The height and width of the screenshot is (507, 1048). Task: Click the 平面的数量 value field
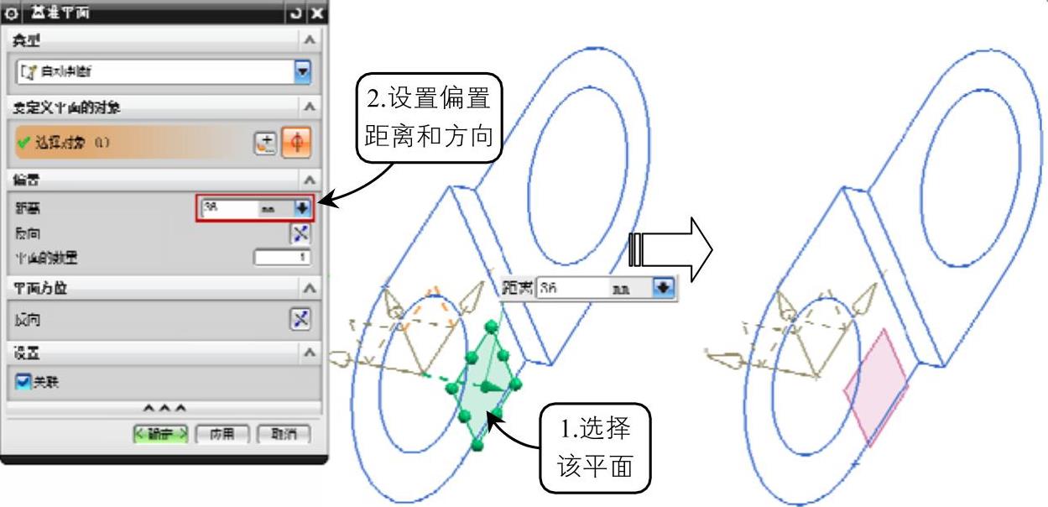(x=282, y=257)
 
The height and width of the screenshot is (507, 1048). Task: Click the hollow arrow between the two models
(x=671, y=249)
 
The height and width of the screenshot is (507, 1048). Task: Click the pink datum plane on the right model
(x=877, y=387)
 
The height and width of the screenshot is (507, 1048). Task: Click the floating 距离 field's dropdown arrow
(x=664, y=286)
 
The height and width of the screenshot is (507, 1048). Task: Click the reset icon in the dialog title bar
(x=296, y=12)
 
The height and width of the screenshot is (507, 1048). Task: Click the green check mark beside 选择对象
(x=19, y=140)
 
